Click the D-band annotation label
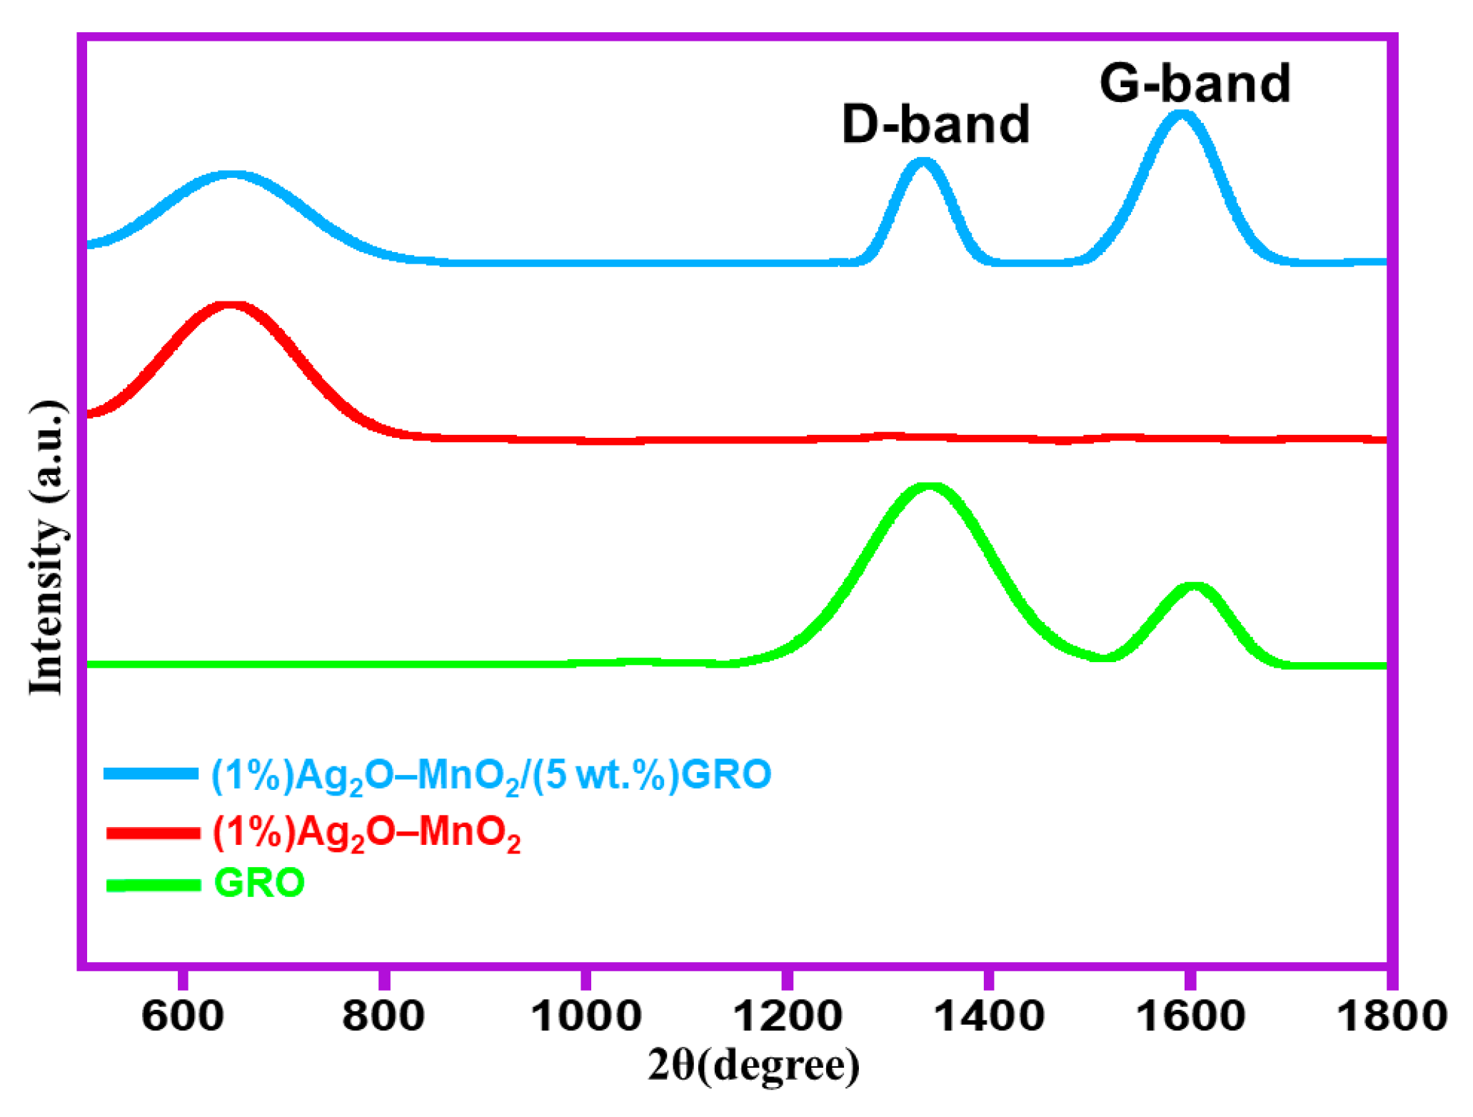935,124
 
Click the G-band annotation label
1195,84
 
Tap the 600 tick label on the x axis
183,1016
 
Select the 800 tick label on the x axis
383,1016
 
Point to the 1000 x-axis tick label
585,1016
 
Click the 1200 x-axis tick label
787,1016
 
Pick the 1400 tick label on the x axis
988,1016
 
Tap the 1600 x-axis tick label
1190,1016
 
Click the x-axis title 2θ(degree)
753,1066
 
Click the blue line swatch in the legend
151,773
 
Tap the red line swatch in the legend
152,833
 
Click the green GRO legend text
259,883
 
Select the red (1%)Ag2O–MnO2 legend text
366,833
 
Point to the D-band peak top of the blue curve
922,163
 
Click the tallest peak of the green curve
929,488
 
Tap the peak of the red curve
230,306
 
